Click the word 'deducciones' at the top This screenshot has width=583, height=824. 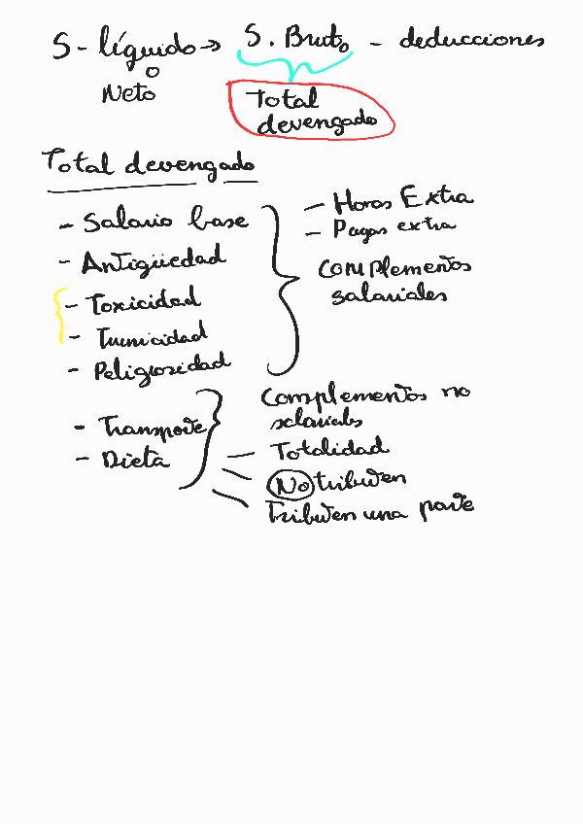470,41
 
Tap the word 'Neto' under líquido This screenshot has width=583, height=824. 128,93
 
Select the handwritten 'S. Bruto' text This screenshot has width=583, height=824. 297,41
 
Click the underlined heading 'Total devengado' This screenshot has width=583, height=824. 149,164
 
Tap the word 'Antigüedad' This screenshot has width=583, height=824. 154,261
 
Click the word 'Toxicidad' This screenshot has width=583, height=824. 145,302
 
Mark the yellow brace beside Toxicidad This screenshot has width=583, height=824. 59,316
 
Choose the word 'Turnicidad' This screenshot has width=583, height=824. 152,337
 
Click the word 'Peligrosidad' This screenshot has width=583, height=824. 162,367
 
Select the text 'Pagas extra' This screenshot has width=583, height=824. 394,228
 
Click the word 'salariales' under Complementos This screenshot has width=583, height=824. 389,294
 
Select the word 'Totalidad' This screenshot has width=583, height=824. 328,450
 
